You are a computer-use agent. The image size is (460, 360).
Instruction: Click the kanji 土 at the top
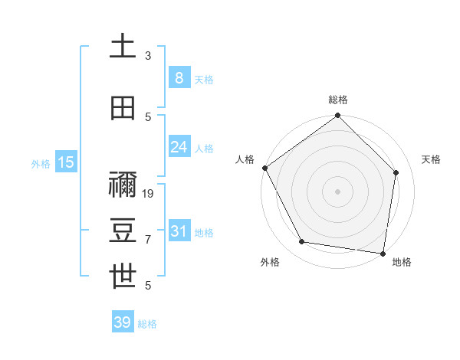click(x=123, y=47)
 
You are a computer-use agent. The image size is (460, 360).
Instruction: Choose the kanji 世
click(x=123, y=277)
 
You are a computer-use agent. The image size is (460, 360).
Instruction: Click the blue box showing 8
click(x=179, y=77)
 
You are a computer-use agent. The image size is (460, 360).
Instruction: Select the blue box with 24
click(x=179, y=146)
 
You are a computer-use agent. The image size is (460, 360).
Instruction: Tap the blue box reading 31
click(x=179, y=231)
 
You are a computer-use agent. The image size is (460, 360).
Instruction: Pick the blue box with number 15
click(x=65, y=162)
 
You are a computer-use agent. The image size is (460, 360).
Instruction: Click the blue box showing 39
click(x=122, y=322)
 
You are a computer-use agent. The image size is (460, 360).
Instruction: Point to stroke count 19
click(x=149, y=194)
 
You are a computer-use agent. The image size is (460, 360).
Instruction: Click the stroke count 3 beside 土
click(x=148, y=56)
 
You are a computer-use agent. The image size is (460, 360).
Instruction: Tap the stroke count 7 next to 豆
click(x=148, y=240)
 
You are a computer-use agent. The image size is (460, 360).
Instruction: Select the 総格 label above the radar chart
click(x=338, y=100)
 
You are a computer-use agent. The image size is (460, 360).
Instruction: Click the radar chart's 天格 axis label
click(x=431, y=159)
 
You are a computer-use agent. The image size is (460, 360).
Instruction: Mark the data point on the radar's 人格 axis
click(x=264, y=168)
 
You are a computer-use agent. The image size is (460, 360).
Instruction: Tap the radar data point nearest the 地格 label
click(x=383, y=253)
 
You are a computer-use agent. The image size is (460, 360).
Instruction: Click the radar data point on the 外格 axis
click(x=302, y=242)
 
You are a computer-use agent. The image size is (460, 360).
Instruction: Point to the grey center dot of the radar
click(x=338, y=191)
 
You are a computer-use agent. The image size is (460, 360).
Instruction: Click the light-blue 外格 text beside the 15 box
click(x=40, y=163)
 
